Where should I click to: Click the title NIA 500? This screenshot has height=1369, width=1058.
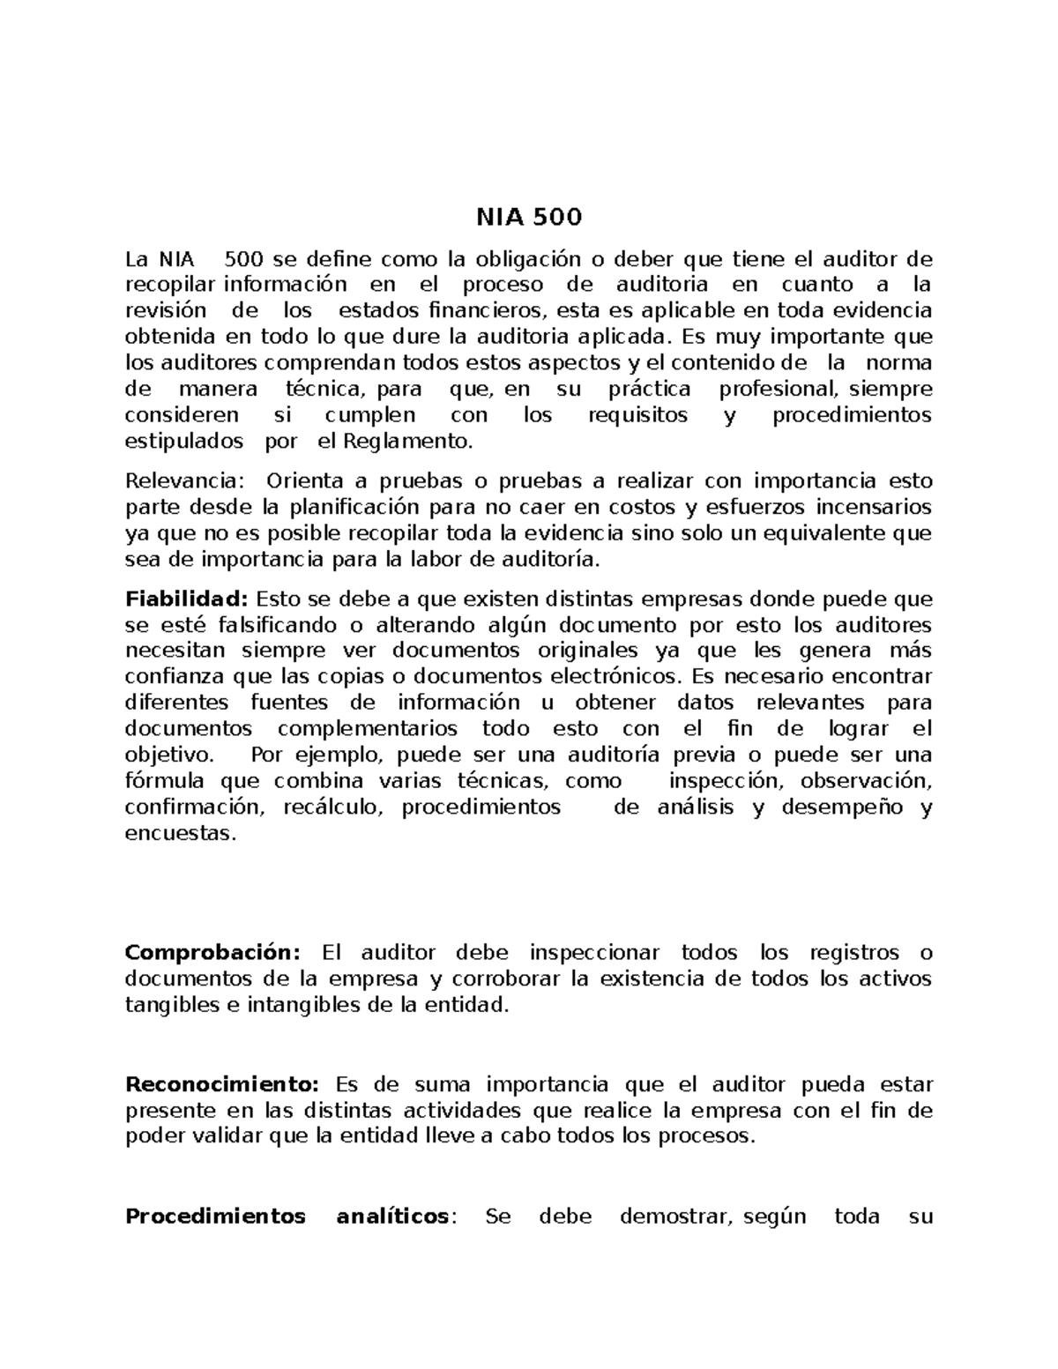(x=529, y=217)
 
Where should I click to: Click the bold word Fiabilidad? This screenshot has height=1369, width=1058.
(x=187, y=599)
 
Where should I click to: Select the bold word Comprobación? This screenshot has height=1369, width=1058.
(x=212, y=953)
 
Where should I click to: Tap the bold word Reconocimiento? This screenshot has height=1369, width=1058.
(x=224, y=1084)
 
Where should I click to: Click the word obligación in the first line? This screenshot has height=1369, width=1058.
(x=527, y=260)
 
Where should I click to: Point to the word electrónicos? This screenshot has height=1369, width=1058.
(x=616, y=677)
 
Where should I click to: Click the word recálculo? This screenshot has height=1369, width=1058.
(x=332, y=807)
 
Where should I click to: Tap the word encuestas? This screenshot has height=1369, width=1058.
(x=181, y=833)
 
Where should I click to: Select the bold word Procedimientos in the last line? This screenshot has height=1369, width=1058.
(x=215, y=1216)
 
